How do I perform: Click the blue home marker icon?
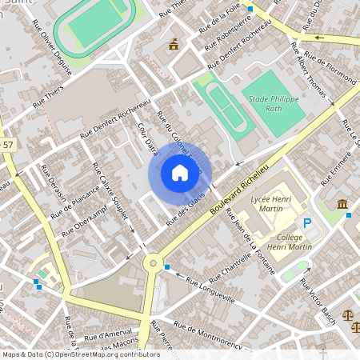click(179, 172)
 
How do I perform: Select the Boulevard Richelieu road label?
click(240, 183)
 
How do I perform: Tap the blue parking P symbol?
click(306, 223)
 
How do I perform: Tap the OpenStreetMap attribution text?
click(81, 354)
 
